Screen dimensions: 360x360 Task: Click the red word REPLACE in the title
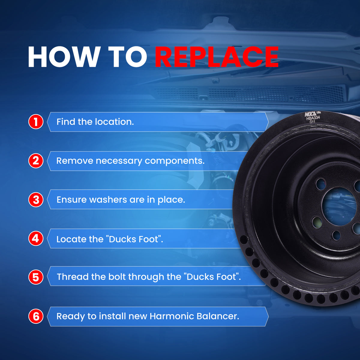[x=217, y=57]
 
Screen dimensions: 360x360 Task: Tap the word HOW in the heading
[x=63, y=57]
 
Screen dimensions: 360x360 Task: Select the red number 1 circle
[x=36, y=122]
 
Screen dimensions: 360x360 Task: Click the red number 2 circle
[x=36, y=161]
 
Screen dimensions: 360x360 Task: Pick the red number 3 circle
[x=36, y=200]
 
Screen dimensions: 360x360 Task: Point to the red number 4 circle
[x=36, y=238]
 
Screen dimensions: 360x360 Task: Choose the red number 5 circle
[x=36, y=277]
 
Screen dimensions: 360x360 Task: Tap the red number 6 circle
[x=36, y=316]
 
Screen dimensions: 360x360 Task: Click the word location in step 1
[x=114, y=122]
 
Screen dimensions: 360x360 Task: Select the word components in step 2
[x=175, y=161]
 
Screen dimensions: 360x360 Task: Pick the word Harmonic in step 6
[x=172, y=316]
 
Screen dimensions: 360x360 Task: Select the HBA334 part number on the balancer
[x=313, y=118]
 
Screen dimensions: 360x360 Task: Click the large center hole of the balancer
[x=339, y=208]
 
